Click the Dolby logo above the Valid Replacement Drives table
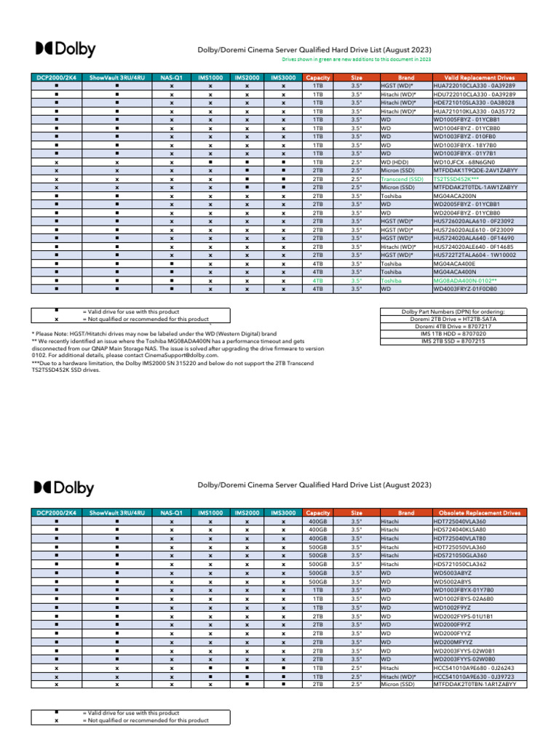point(66,49)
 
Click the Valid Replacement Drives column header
point(477,77)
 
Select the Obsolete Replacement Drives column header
point(477,513)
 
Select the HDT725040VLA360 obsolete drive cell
point(459,522)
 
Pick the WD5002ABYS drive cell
point(452,581)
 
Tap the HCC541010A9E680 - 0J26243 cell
point(474,667)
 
